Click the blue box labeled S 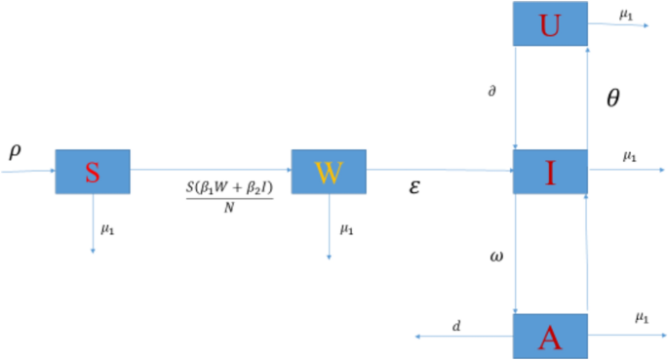[x=93, y=173]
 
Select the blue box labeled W [x=328, y=172]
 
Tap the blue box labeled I [x=550, y=173]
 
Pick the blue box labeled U [x=550, y=24]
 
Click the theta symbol [x=613, y=98]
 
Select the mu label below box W [x=345, y=230]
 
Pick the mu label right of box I [x=629, y=156]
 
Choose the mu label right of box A [x=642, y=317]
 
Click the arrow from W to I [x=439, y=171]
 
